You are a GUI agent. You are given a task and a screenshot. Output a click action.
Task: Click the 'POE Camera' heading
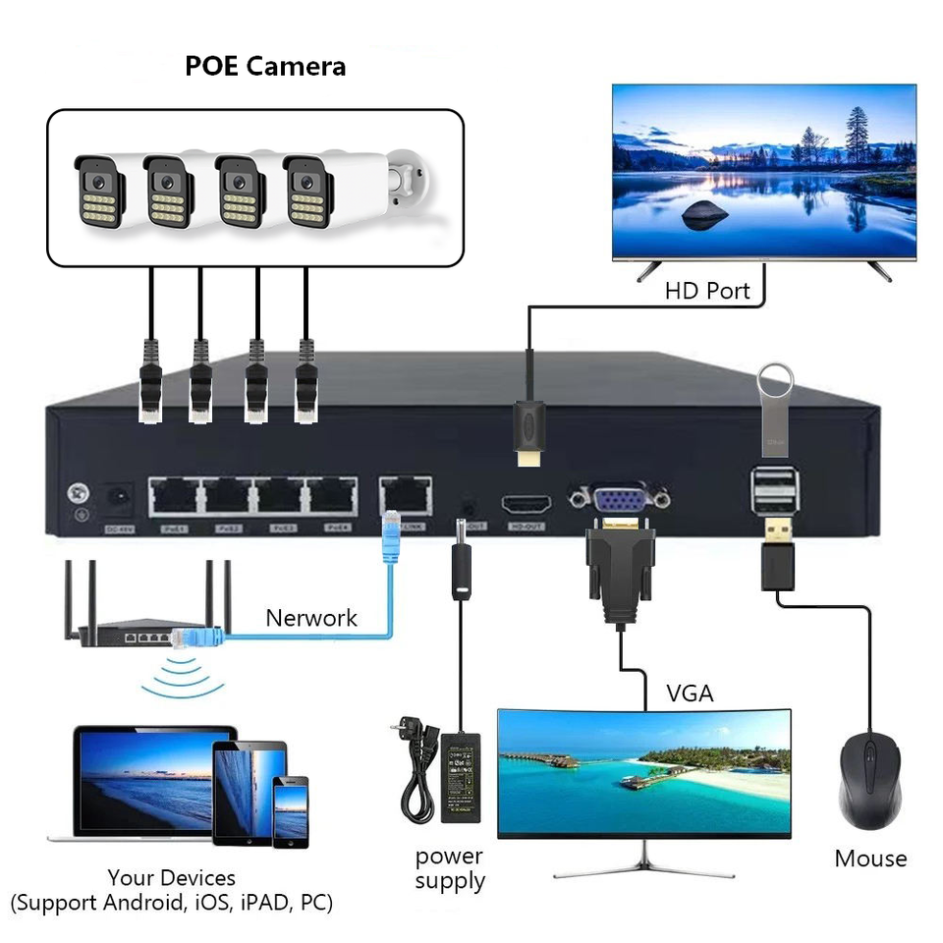265,67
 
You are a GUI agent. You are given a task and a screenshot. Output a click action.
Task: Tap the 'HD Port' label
707,291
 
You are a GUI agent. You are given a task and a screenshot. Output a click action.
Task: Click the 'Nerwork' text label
311,618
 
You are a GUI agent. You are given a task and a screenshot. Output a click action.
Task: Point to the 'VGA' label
691,693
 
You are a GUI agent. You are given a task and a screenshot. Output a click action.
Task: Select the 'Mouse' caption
870,859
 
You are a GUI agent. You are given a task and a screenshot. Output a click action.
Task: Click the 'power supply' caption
450,868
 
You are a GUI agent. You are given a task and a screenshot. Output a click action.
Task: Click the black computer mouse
869,780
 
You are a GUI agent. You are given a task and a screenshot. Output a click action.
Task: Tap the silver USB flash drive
775,412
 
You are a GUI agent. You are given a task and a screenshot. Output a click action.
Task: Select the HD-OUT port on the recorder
527,506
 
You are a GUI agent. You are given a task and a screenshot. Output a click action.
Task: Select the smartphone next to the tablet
291,811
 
